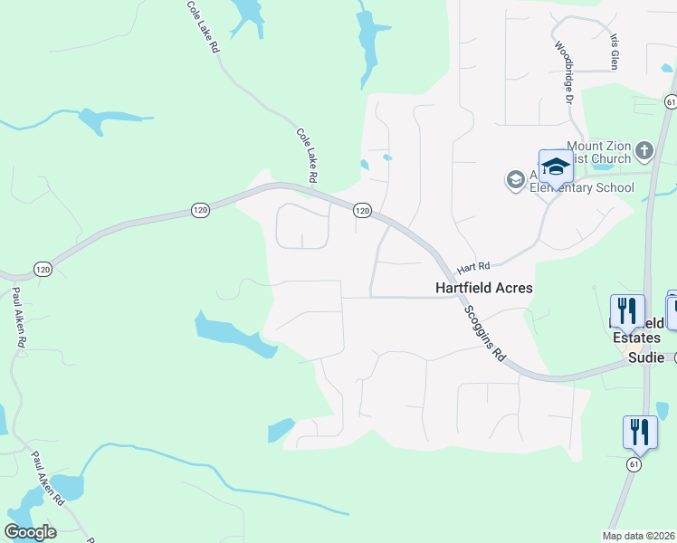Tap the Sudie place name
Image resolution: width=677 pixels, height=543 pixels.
tap(646, 357)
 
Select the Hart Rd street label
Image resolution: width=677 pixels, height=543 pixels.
tap(472, 268)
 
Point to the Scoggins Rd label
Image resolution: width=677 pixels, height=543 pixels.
tap(486, 332)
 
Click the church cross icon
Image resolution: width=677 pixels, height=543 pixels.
tap(644, 150)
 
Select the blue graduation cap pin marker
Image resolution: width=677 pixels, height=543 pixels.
tap(555, 168)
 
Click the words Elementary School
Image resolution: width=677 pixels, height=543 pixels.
tap(581, 187)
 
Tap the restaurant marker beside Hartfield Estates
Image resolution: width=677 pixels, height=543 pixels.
tap(627, 310)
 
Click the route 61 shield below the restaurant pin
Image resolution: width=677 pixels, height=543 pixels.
tap(634, 464)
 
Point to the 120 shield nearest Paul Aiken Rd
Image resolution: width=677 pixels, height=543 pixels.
tap(43, 269)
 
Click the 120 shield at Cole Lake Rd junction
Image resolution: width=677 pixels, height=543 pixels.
tap(361, 210)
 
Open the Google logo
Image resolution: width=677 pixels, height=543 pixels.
tap(30, 531)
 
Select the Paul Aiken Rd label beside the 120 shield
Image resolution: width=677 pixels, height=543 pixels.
tap(18, 318)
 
